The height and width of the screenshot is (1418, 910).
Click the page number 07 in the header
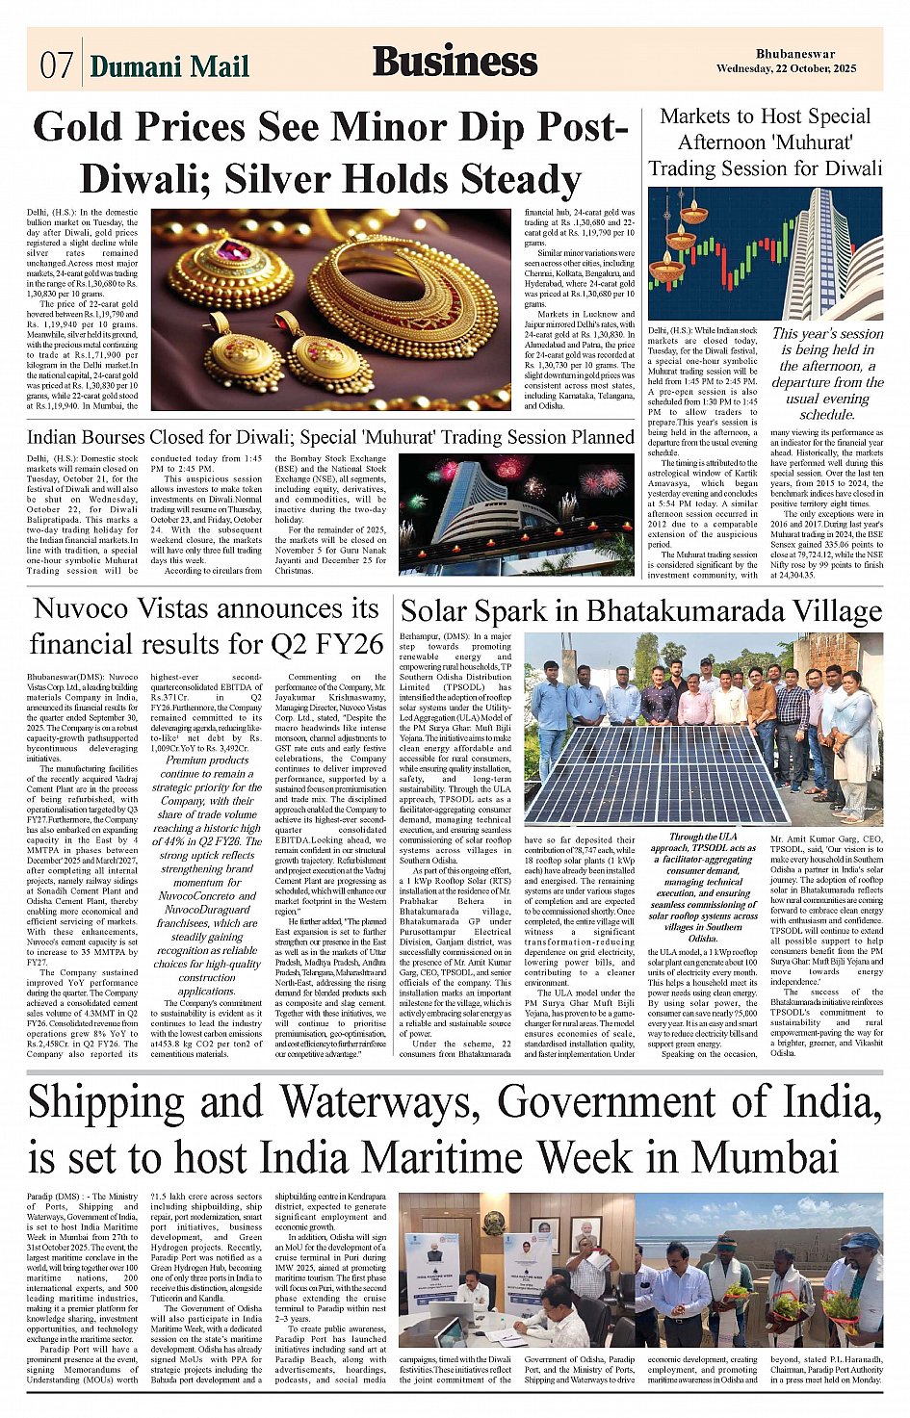tap(56, 64)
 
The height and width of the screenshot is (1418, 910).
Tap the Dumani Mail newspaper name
tap(169, 65)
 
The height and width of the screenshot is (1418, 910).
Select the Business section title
tap(455, 62)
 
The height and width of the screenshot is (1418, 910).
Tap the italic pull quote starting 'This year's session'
tap(827, 374)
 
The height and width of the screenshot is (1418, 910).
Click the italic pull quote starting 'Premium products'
tap(205, 875)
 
